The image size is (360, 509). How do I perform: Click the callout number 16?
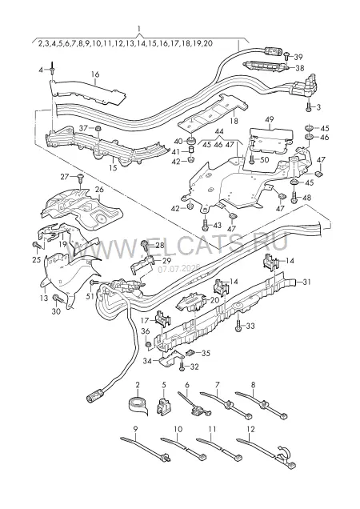click(x=94, y=74)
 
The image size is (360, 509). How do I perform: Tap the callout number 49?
click(x=270, y=119)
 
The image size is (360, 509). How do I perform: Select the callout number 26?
click(x=99, y=189)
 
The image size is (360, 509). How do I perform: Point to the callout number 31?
click(x=306, y=282)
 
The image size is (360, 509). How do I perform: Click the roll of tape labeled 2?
click(x=138, y=405)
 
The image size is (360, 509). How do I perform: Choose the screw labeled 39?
click(x=287, y=56)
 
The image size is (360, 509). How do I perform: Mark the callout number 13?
click(x=45, y=298)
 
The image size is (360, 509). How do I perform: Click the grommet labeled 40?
click(x=190, y=141)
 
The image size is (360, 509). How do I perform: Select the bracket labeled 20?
click(x=190, y=302)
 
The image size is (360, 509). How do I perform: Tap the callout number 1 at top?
click(x=139, y=29)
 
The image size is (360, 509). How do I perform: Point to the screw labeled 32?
click(x=182, y=367)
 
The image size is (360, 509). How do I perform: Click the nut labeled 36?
click(x=147, y=344)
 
